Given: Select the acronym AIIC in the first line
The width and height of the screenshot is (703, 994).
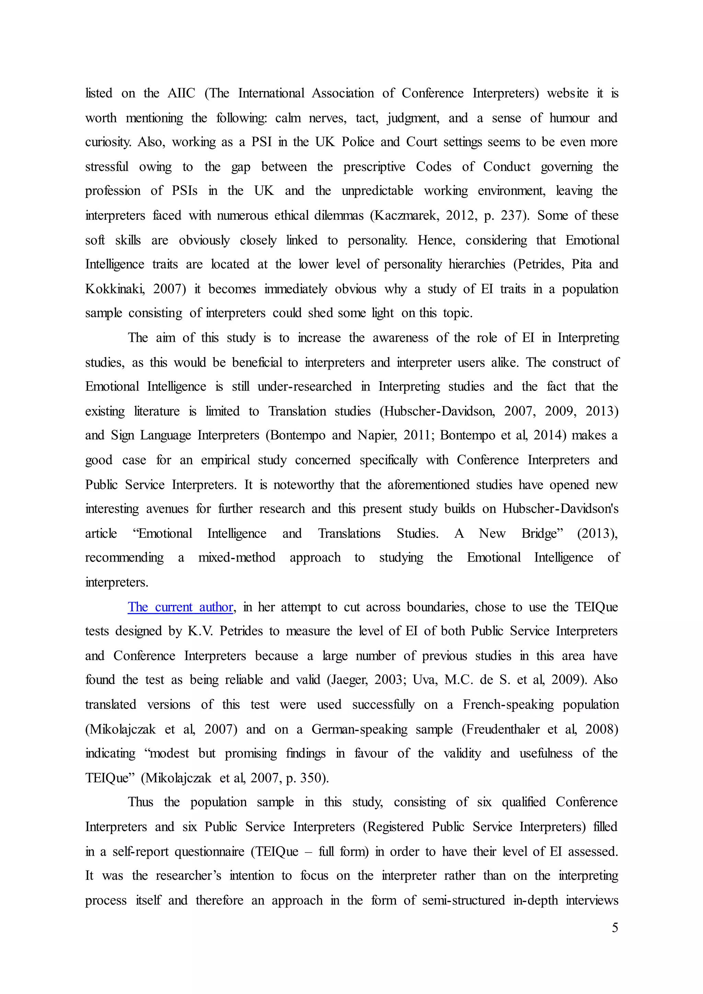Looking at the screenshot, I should (x=181, y=93).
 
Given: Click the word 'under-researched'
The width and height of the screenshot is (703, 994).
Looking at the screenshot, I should (x=304, y=386).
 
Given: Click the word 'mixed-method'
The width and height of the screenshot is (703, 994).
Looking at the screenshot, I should (x=237, y=558).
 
